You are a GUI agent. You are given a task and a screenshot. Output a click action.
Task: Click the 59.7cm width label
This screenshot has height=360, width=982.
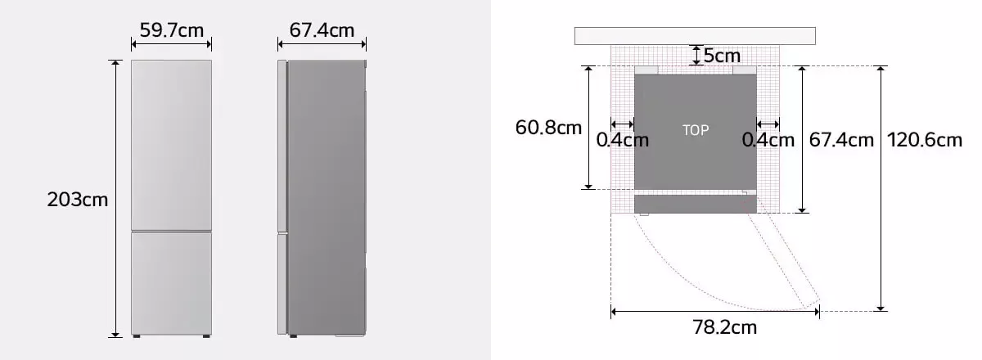point(171,30)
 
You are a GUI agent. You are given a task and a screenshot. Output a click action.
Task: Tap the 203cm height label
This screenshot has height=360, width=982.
point(78,200)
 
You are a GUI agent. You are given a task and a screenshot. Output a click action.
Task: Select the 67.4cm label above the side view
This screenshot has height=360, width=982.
point(322,30)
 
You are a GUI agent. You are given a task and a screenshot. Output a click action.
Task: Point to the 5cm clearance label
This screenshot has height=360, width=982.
point(722,56)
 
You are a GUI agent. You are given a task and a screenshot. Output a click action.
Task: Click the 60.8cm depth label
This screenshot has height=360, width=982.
point(548,128)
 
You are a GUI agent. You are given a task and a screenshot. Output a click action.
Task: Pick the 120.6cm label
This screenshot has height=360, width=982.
point(925,140)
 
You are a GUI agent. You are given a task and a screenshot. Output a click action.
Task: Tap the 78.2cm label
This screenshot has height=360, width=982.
point(725,327)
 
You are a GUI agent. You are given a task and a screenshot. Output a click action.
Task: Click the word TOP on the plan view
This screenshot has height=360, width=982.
point(696,130)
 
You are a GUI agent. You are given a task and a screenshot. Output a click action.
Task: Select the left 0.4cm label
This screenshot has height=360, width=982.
point(623,140)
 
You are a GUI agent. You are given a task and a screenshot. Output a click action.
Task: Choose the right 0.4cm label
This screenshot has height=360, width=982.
point(768,140)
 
